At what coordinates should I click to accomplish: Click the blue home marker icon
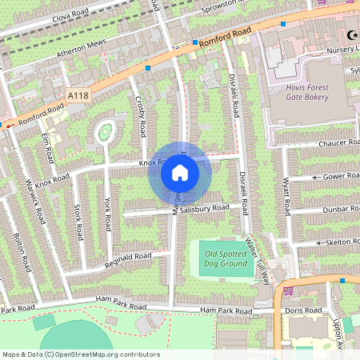point(179,173)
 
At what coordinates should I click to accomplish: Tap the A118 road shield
point(78,95)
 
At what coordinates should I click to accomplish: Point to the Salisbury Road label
point(205,208)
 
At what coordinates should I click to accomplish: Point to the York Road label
point(106,209)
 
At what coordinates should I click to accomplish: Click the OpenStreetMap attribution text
point(80,354)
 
